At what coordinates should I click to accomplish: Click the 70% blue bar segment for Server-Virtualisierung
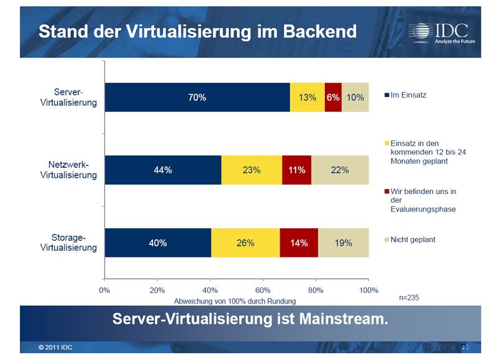(198, 98)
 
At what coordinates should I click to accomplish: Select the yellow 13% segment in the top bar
(307, 98)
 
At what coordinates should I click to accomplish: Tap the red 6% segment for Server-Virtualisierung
(333, 98)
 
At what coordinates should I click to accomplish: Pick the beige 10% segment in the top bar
(355, 98)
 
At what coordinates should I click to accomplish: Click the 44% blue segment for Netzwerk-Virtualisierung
(163, 170)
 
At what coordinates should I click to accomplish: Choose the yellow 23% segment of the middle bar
(251, 170)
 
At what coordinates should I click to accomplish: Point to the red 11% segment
(296, 170)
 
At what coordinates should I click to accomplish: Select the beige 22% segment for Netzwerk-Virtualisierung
(340, 170)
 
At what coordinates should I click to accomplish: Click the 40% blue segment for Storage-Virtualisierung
(158, 242)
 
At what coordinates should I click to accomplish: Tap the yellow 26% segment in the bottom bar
(245, 242)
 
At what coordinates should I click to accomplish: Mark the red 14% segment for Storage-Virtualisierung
(299, 242)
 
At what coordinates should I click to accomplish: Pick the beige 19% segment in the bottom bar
(344, 242)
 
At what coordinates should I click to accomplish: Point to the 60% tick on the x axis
(263, 290)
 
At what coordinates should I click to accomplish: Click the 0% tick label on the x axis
(104, 290)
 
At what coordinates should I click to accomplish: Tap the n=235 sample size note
(409, 298)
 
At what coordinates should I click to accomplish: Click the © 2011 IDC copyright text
(55, 347)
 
